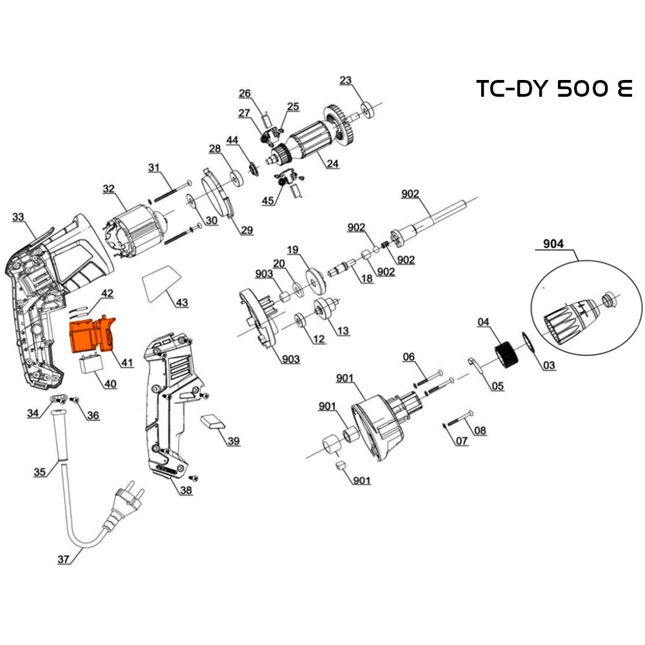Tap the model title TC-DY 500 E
pyautogui.click(x=554, y=88)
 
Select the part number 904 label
pyautogui.click(x=553, y=244)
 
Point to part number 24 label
pyautogui.click(x=332, y=163)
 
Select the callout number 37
pyautogui.click(x=63, y=559)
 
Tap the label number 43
pyautogui.click(x=182, y=303)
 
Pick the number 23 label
pyautogui.click(x=346, y=80)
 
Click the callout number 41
pyautogui.click(x=126, y=362)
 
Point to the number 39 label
pyautogui.click(x=233, y=441)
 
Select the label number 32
pyautogui.click(x=108, y=189)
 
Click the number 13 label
pyautogui.click(x=342, y=331)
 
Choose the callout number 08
pyautogui.click(x=479, y=431)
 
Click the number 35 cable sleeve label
pyautogui.click(x=39, y=472)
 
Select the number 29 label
pyautogui.click(x=246, y=230)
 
